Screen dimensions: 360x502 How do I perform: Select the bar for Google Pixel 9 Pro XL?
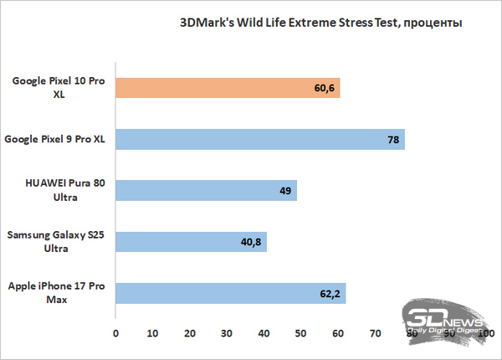(259, 139)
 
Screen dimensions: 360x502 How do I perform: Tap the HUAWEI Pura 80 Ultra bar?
(206, 191)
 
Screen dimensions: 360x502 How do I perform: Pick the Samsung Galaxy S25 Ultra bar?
(191, 242)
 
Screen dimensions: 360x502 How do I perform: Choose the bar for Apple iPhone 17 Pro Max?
(230, 293)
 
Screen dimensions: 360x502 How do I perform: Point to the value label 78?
(392, 139)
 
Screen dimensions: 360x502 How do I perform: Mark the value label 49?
(284, 191)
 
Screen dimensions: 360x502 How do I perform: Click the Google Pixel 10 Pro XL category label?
(52, 88)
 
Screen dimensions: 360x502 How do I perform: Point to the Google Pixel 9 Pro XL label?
(55, 139)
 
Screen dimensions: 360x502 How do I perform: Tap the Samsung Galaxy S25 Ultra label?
(54, 242)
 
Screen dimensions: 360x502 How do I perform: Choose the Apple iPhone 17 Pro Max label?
(53, 293)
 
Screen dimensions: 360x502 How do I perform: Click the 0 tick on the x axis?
(115, 333)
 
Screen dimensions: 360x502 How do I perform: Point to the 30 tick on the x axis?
(227, 333)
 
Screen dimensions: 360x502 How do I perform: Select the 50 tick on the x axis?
(300, 333)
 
